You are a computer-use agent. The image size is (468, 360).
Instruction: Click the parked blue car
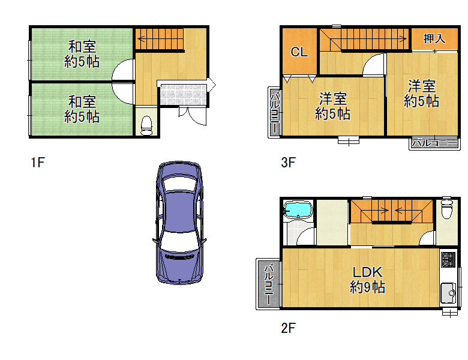(x=179, y=223)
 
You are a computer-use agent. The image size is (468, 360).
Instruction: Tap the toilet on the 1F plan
(x=146, y=125)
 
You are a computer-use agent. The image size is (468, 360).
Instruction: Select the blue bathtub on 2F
(x=298, y=209)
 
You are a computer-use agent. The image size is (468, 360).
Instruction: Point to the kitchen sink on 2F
(x=448, y=293)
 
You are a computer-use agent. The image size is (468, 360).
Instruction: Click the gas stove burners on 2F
(x=448, y=260)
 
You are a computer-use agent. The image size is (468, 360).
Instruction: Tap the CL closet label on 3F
(x=299, y=52)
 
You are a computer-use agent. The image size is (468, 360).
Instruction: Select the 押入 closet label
(x=434, y=39)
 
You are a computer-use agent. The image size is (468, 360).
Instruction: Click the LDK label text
(x=367, y=272)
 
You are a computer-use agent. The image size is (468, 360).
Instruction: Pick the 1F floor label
(x=38, y=163)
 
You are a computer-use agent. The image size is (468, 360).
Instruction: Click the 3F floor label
(x=288, y=163)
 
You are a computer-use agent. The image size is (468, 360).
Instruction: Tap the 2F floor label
(x=288, y=328)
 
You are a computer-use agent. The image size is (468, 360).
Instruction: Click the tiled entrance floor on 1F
(x=183, y=95)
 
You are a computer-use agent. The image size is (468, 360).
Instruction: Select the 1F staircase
(x=160, y=39)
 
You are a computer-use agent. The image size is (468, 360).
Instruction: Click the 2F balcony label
(x=269, y=284)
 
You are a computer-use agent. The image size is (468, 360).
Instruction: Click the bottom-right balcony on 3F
(x=434, y=143)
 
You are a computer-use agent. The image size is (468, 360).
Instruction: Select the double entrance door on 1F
(x=193, y=116)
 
